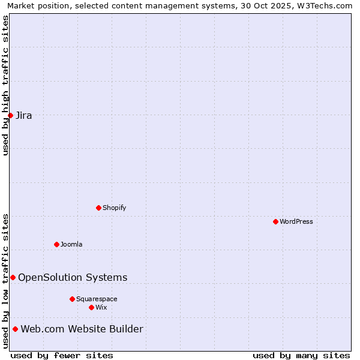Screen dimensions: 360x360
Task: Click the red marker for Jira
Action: click(x=10, y=115)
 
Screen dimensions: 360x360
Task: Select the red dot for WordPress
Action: click(x=275, y=221)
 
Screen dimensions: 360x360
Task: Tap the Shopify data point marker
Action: click(x=98, y=208)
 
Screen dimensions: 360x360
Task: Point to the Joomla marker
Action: click(x=56, y=244)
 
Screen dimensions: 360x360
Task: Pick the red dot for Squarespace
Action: click(x=72, y=299)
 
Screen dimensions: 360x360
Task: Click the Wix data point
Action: click(x=91, y=307)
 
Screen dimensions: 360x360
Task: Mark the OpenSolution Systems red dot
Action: click(x=13, y=277)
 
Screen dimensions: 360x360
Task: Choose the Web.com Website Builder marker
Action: click(x=15, y=329)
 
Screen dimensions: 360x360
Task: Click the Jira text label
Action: click(x=24, y=115)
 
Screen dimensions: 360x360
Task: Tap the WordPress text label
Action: click(x=296, y=221)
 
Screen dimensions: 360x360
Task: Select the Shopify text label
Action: click(x=114, y=208)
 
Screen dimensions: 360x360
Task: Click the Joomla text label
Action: click(x=71, y=244)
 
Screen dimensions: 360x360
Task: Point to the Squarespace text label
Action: click(x=97, y=299)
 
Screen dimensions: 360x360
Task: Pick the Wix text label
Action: click(x=101, y=307)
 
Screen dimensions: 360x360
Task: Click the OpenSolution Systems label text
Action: click(x=73, y=277)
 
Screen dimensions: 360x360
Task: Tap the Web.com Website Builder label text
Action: click(x=82, y=329)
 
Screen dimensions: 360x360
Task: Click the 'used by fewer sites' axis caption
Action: click(x=62, y=355)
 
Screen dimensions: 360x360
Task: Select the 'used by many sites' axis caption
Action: click(x=301, y=355)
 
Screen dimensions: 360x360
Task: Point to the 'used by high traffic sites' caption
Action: click(x=5, y=85)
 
